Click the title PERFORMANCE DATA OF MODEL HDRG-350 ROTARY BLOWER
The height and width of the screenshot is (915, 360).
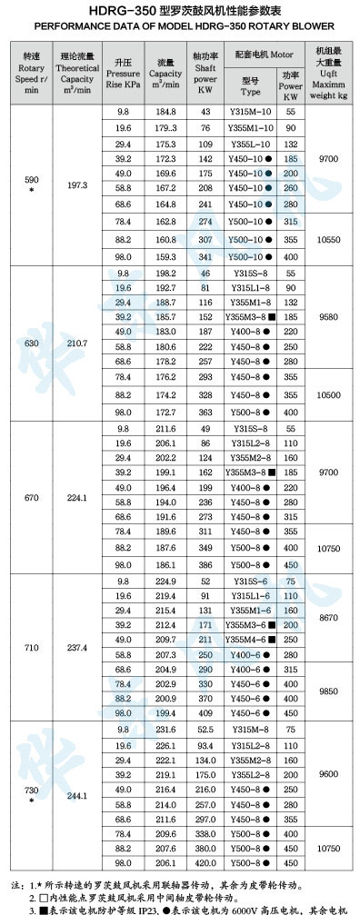pyautogui.click(x=180, y=26)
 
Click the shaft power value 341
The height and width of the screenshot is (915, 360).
pyautogui.click(x=205, y=256)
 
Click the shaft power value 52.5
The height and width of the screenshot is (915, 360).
pyautogui.click(x=205, y=730)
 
